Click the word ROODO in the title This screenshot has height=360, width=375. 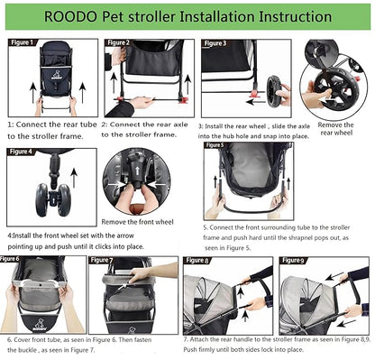click(72, 17)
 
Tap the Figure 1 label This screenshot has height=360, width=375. click(22, 42)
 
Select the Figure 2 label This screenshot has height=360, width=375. click(119, 42)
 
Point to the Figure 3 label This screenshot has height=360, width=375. click(215, 42)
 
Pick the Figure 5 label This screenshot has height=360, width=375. click(215, 143)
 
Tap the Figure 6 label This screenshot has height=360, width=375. click(12, 258)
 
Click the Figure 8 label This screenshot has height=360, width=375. click(198, 261)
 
